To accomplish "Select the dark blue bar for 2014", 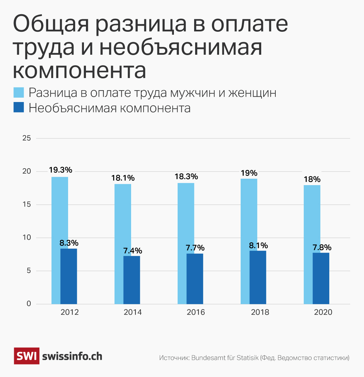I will click(x=132, y=280).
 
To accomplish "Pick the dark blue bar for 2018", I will click(x=258, y=277).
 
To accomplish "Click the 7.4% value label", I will click(x=132, y=251).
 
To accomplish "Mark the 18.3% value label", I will click(x=186, y=177).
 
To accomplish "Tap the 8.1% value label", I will click(x=259, y=245).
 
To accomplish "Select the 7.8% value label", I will click(x=322, y=247).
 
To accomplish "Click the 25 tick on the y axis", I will click(x=26, y=138).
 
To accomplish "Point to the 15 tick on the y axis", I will click(x=26, y=205).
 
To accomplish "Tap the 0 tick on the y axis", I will click(x=28, y=304).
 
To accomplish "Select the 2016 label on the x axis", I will click(x=195, y=312).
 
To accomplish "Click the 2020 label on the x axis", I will click(x=323, y=312).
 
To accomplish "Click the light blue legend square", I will click(x=19, y=93).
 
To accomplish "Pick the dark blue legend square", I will click(x=19, y=108).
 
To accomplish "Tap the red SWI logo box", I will click(x=26, y=356).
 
